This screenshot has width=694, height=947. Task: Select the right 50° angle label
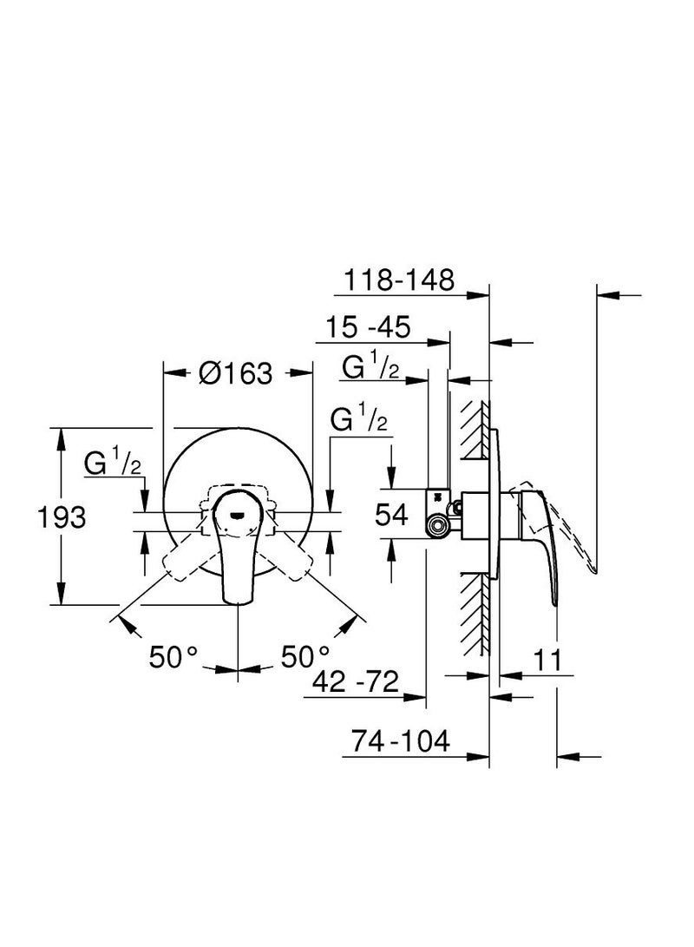tap(304, 656)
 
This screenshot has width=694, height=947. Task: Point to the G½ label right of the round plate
tap(359, 421)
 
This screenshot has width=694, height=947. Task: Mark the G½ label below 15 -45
tap(370, 368)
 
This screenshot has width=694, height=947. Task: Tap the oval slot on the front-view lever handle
tap(237, 513)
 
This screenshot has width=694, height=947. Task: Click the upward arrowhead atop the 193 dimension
tap(61, 434)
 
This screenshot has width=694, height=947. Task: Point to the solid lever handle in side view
tap(545, 547)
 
